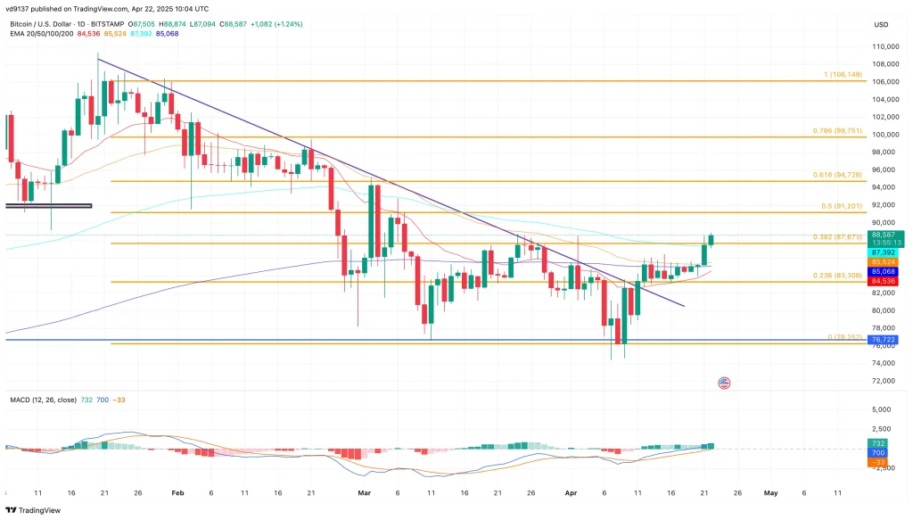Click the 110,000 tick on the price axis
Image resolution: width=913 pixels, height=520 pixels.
pos(884,46)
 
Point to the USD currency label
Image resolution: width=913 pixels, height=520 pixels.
pos(881,24)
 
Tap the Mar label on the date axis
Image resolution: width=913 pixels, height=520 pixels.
pos(364,491)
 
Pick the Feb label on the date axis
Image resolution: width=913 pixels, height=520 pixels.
pos(177,491)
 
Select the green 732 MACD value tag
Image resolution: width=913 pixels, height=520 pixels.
pos(878,443)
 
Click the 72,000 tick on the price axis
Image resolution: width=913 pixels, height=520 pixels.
pos(884,381)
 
